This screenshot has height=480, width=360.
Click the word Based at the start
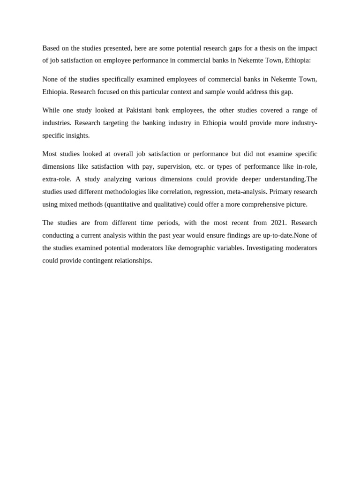click(x=51, y=48)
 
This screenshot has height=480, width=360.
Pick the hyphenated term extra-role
click(x=56, y=179)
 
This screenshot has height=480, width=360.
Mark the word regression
click(x=209, y=192)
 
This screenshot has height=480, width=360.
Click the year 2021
click(x=278, y=223)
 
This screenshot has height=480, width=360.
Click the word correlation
click(x=174, y=192)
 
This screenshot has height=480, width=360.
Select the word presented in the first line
click(x=119, y=48)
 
